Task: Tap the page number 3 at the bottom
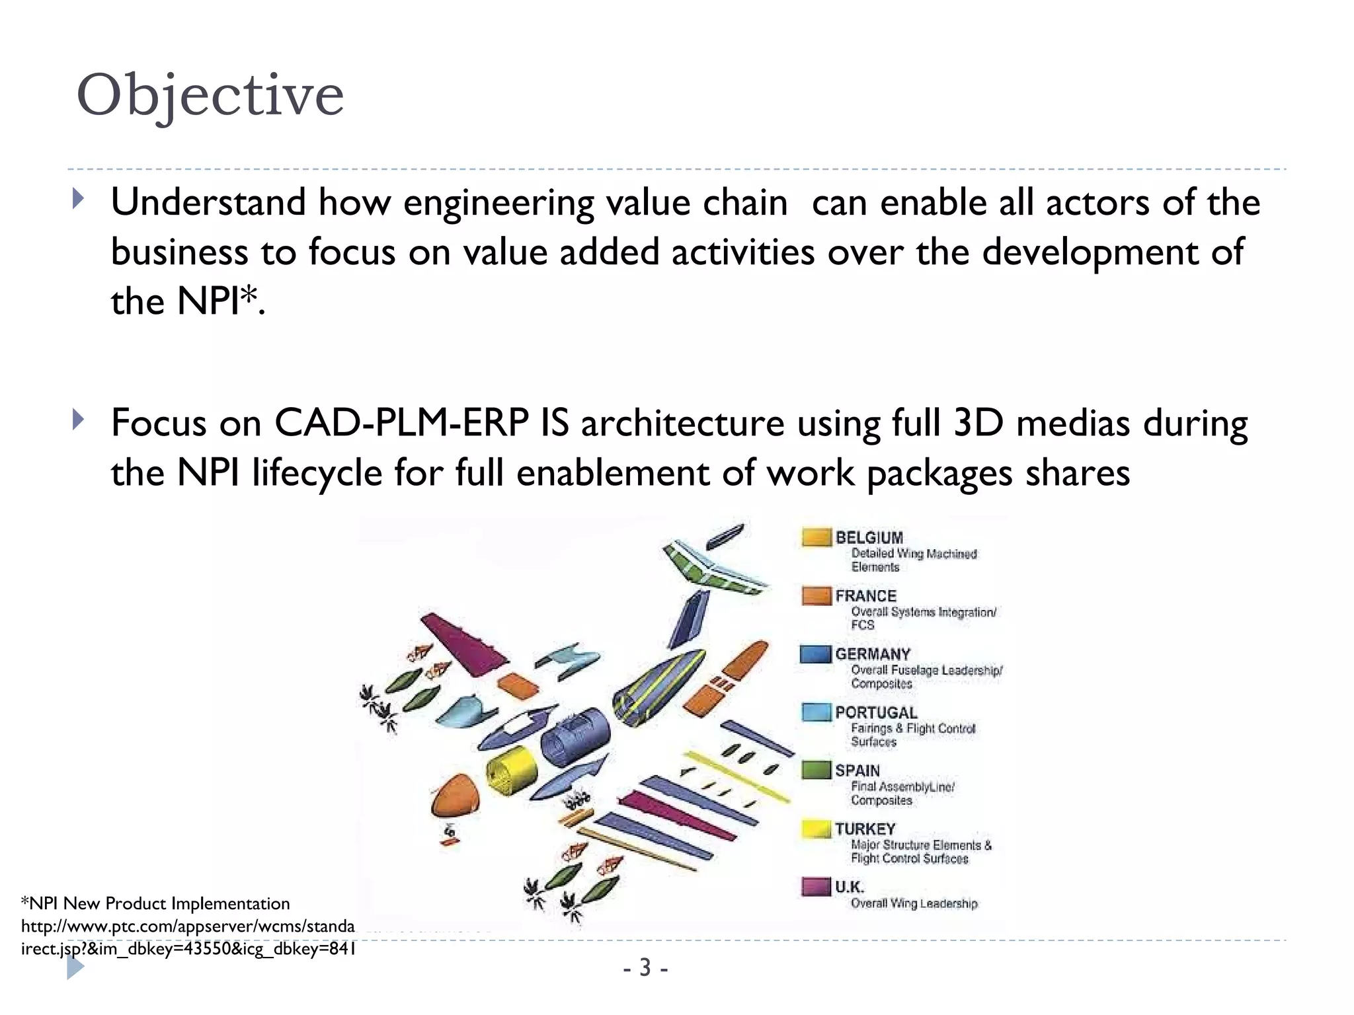pos(645,968)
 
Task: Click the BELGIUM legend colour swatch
pos(816,537)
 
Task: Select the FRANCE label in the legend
pos(865,596)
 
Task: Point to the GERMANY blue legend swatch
pos(815,654)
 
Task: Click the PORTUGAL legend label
pos(876,712)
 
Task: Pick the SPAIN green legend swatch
pos(816,770)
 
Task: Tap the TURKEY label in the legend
pos(865,829)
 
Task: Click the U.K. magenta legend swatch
pos(816,886)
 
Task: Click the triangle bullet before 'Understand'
pos(79,199)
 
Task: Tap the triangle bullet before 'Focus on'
pos(79,420)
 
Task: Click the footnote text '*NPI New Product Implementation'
pos(155,903)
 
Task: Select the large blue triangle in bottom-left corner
pos(75,967)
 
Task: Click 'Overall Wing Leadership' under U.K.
pos(914,903)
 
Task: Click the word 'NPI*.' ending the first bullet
pos(220,302)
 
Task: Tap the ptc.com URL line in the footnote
pos(188,926)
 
